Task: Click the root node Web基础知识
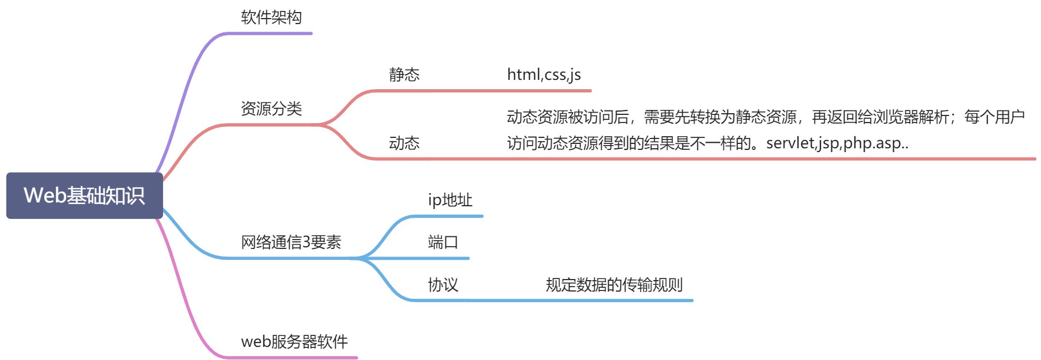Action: [x=84, y=195]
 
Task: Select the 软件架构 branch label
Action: [x=271, y=18]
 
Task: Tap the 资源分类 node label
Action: [x=271, y=108]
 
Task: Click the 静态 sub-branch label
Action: [x=404, y=74]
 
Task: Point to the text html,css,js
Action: [x=543, y=74]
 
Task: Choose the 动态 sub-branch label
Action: [x=404, y=143]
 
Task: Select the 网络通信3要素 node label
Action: [x=291, y=242]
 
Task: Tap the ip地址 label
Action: [x=449, y=200]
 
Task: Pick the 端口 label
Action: [x=442, y=242]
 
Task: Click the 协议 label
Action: [x=442, y=284]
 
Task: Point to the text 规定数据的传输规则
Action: [x=614, y=284]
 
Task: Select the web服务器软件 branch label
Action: [x=294, y=341]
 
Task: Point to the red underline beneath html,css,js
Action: [x=547, y=91]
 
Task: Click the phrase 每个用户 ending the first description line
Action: [x=994, y=117]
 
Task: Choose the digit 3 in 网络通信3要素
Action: [x=306, y=242]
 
